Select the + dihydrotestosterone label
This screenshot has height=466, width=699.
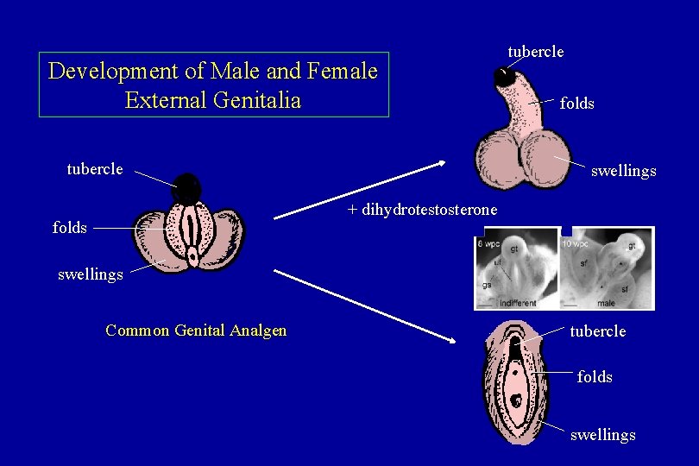pos(422,210)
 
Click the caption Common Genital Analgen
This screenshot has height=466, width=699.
pos(196,330)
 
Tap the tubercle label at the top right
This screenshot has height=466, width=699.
pos(536,52)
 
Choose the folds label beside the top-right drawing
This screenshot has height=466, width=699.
pos(576,104)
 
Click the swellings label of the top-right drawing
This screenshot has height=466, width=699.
pos(623,171)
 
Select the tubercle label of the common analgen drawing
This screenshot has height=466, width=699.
pos(95,168)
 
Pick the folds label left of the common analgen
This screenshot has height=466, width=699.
pos(69,228)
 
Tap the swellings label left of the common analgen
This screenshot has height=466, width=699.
pos(91,275)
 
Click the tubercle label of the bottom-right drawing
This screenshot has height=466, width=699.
pos(598,331)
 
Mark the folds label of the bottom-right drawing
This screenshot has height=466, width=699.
pos(595,377)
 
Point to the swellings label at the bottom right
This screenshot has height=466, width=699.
pos(602,435)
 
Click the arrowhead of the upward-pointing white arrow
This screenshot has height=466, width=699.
pos(441,163)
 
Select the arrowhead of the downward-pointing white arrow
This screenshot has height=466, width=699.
pos(450,340)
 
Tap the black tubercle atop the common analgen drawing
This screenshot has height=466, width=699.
pos(187,188)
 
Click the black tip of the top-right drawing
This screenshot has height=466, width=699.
pos(504,77)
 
